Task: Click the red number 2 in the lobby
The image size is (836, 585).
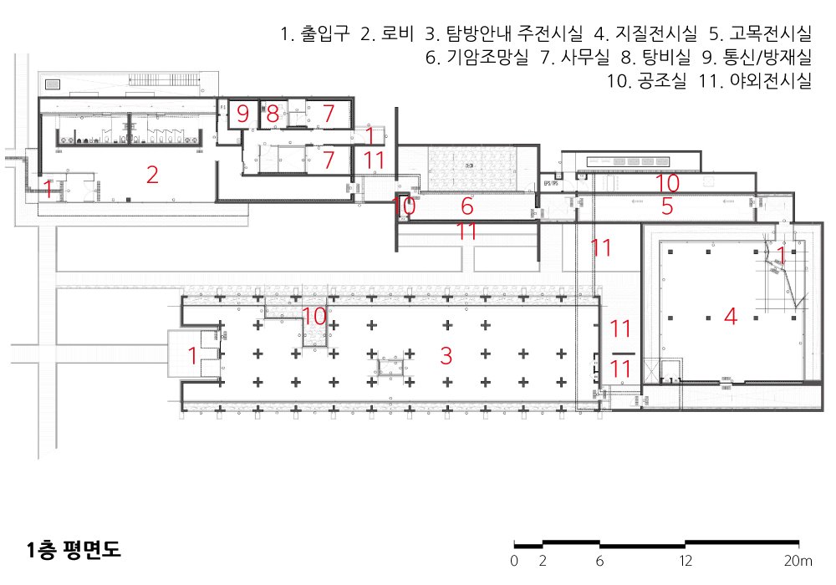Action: pos(152,175)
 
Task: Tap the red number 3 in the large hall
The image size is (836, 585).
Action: pos(446,356)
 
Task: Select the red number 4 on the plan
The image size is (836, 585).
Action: pos(731,317)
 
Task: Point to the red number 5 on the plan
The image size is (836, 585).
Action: pos(667,206)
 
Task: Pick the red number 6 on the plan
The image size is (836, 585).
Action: pos(467,206)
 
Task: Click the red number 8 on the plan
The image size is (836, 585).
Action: pos(273,114)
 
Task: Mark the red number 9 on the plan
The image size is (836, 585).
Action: pos(242,114)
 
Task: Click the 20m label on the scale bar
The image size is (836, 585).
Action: pos(798,560)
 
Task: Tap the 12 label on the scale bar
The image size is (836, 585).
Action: pos(686,560)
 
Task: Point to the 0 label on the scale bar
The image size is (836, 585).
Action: pos(514,560)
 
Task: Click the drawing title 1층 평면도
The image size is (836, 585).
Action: pos(74,550)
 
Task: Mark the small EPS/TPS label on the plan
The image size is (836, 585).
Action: pos(550,182)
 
